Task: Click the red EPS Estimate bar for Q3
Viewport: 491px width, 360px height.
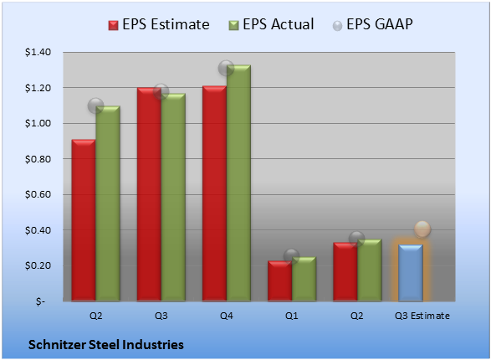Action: click(149, 194)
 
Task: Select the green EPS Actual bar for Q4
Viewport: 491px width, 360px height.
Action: click(238, 183)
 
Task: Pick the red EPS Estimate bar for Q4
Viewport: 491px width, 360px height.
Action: click(214, 193)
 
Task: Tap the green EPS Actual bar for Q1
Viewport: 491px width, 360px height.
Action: click(304, 279)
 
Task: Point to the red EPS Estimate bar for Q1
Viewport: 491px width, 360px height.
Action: click(280, 281)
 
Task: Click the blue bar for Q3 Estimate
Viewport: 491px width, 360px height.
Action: click(411, 273)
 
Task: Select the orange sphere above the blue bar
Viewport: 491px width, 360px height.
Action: click(422, 229)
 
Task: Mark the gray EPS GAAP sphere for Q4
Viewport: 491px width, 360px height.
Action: click(226, 68)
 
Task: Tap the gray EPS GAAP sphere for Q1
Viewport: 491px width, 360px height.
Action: click(292, 256)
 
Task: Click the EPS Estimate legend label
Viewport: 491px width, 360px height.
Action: click(166, 24)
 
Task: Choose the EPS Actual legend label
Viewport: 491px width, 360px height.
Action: click(278, 24)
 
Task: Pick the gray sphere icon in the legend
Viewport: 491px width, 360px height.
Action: click(337, 26)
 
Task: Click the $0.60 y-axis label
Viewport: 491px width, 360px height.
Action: click(38, 194)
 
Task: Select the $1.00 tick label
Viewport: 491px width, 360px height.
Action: click(38, 123)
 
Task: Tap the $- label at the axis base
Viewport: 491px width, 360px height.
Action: click(40, 301)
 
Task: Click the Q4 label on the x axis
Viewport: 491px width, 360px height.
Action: click(227, 316)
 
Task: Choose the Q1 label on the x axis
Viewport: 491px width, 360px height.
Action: click(292, 316)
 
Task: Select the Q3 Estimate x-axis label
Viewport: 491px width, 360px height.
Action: click(422, 316)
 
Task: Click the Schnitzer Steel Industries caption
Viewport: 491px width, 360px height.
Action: click(106, 345)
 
